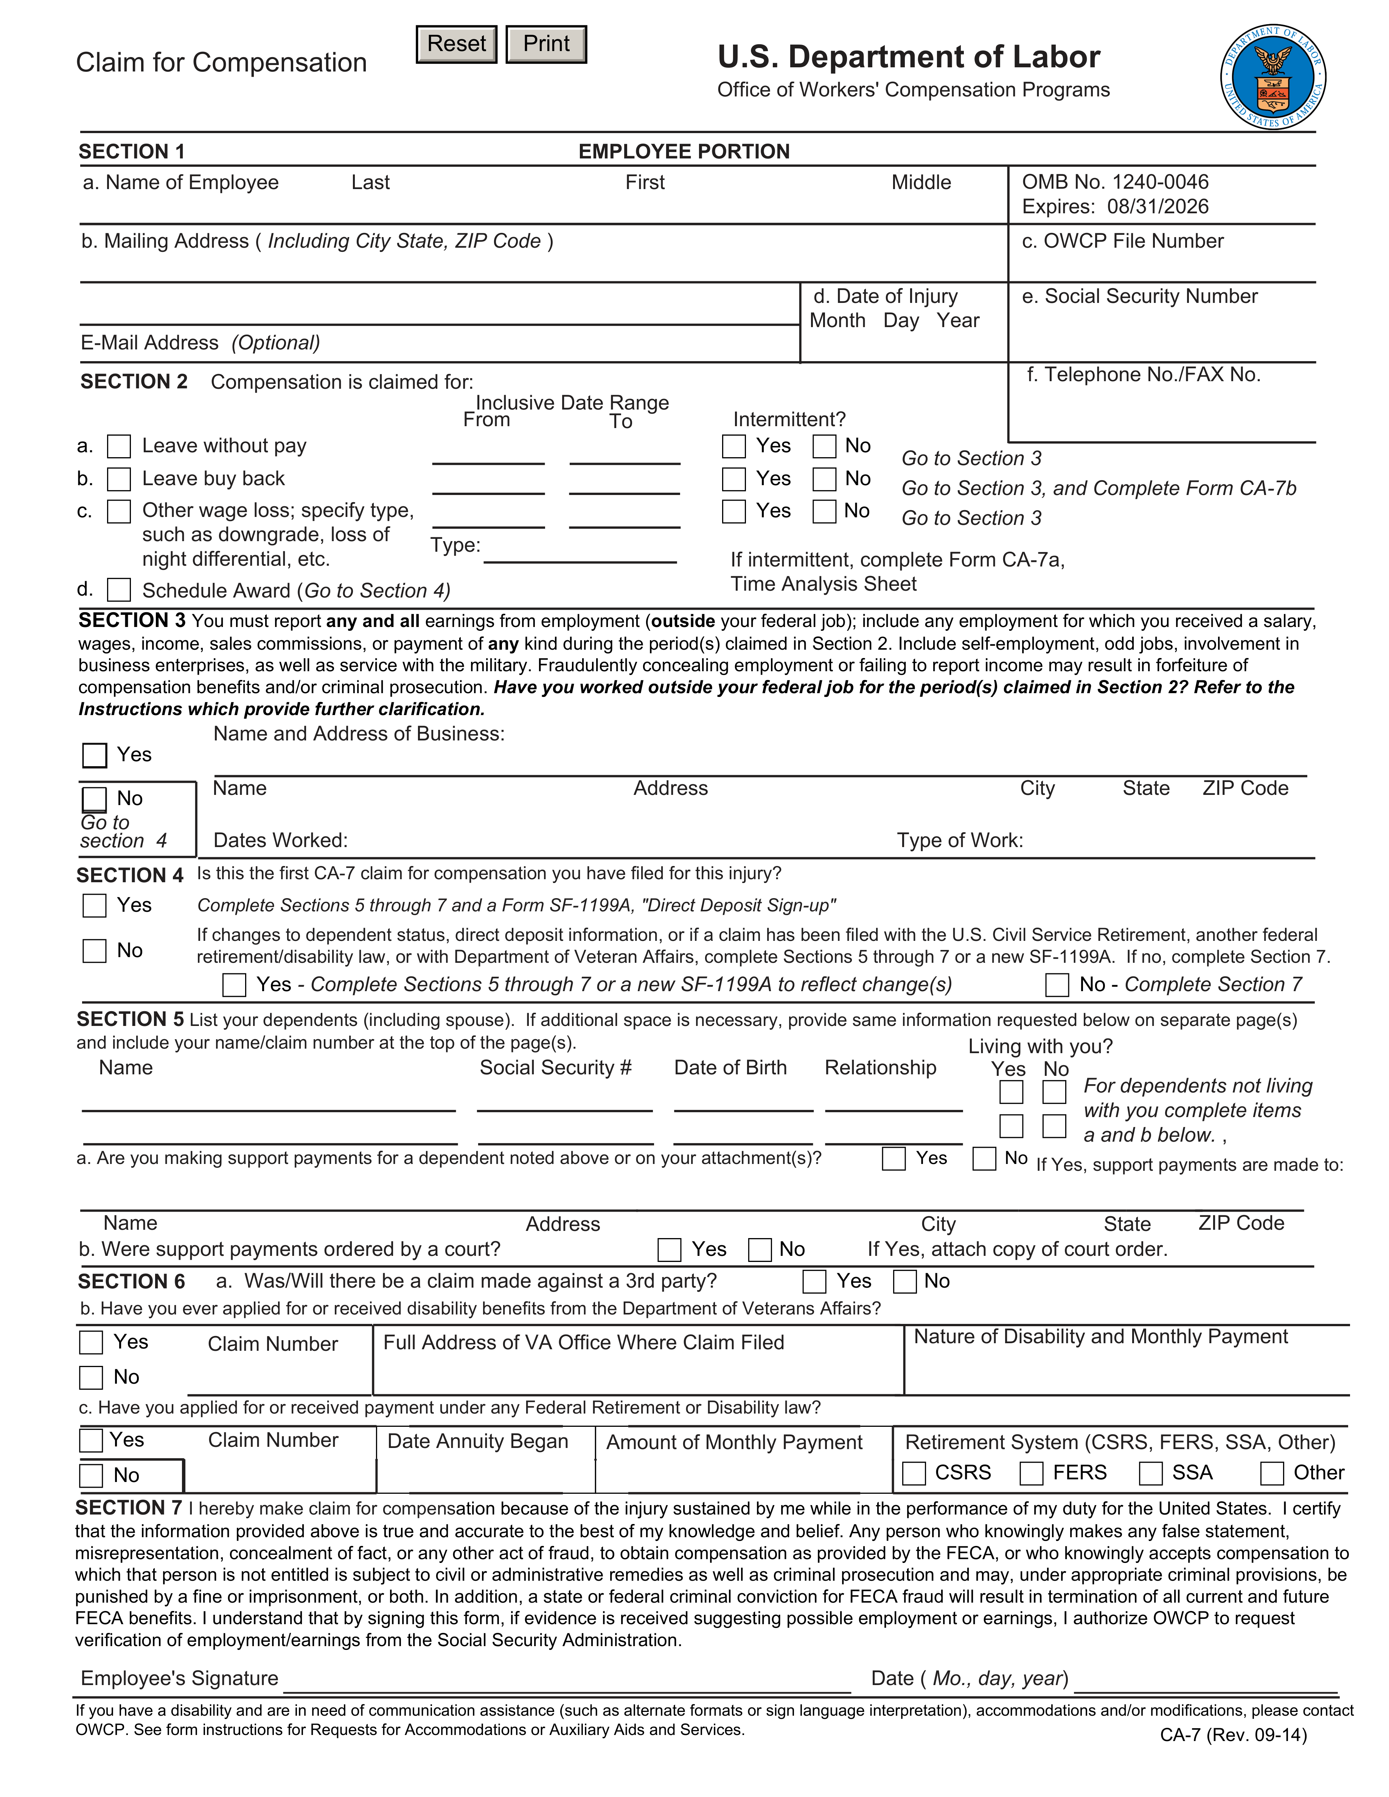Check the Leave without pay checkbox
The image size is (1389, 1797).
click(x=119, y=446)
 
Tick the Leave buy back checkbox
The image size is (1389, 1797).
click(x=119, y=479)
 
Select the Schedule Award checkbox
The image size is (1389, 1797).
click(x=119, y=590)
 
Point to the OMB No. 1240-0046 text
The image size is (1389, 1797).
click(x=1115, y=182)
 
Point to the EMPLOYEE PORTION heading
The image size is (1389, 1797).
click(x=684, y=151)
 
